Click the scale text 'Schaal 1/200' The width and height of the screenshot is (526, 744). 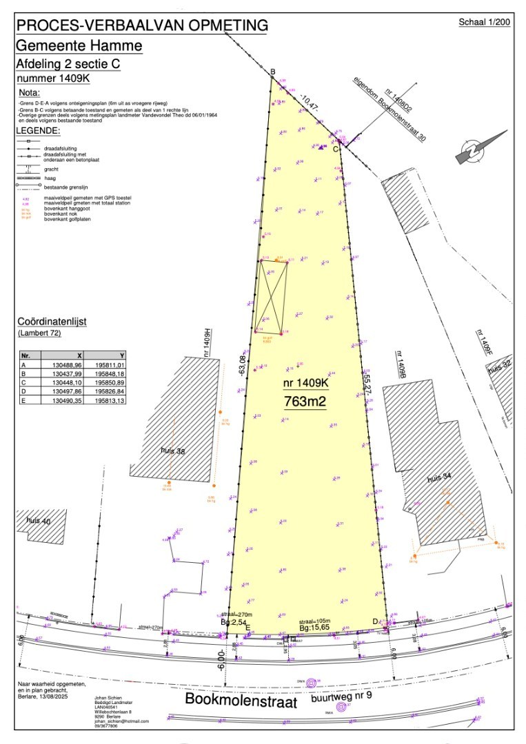click(484, 22)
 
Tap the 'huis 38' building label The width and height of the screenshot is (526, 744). click(174, 451)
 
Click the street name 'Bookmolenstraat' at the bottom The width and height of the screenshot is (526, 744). click(241, 701)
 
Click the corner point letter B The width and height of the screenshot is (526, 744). click(272, 72)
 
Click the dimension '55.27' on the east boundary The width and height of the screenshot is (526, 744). click(367, 384)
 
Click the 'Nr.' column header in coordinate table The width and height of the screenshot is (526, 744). click(26, 355)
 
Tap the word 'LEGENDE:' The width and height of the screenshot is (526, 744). click(38, 130)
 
